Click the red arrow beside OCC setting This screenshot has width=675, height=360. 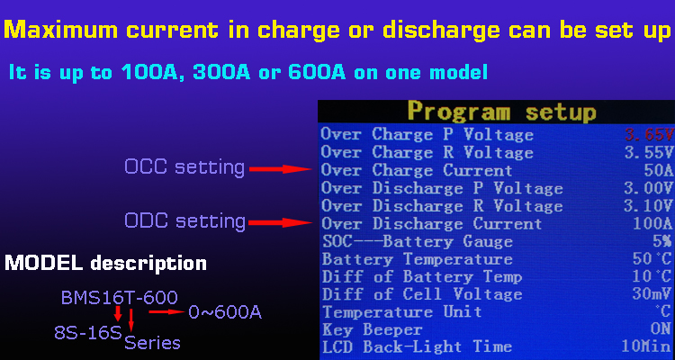tap(281, 169)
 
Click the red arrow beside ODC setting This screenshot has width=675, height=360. tap(281, 222)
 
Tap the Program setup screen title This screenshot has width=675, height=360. tap(502, 112)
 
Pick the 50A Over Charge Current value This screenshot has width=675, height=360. tap(659, 170)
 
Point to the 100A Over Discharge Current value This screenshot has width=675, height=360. tap(653, 223)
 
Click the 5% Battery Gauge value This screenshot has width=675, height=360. tap(663, 241)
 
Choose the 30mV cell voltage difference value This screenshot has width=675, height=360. tap(652, 294)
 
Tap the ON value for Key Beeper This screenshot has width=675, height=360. tap(661, 329)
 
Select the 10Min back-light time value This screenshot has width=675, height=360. tap(646, 346)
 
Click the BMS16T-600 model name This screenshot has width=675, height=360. tap(119, 298)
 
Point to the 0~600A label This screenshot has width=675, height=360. tap(225, 312)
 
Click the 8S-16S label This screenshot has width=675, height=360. tap(88, 332)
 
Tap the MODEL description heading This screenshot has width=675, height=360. tap(105, 264)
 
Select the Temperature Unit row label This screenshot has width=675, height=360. tap(402, 311)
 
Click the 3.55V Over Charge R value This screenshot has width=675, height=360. tap(649, 152)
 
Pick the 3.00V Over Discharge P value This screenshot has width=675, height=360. tap(649, 188)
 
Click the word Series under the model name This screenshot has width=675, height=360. tap(152, 343)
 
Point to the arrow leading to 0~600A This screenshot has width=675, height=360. tap(166, 311)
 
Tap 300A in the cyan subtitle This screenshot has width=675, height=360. tap(221, 72)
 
